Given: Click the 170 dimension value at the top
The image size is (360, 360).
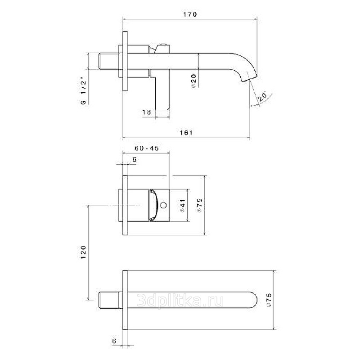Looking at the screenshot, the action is coord(190,14).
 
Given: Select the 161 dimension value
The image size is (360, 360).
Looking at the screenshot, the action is coord(186,133).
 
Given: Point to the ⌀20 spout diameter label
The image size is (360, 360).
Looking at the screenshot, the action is coord(194,81).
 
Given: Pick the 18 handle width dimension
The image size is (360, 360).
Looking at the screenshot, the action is coord(147,112).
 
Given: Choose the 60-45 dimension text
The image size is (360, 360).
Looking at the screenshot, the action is coord(147,148).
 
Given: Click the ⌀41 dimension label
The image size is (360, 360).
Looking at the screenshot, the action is coord(183,206).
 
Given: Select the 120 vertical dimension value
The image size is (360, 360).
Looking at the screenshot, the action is coord(83,252).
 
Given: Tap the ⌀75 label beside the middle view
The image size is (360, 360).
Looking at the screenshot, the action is coord(200,205).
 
